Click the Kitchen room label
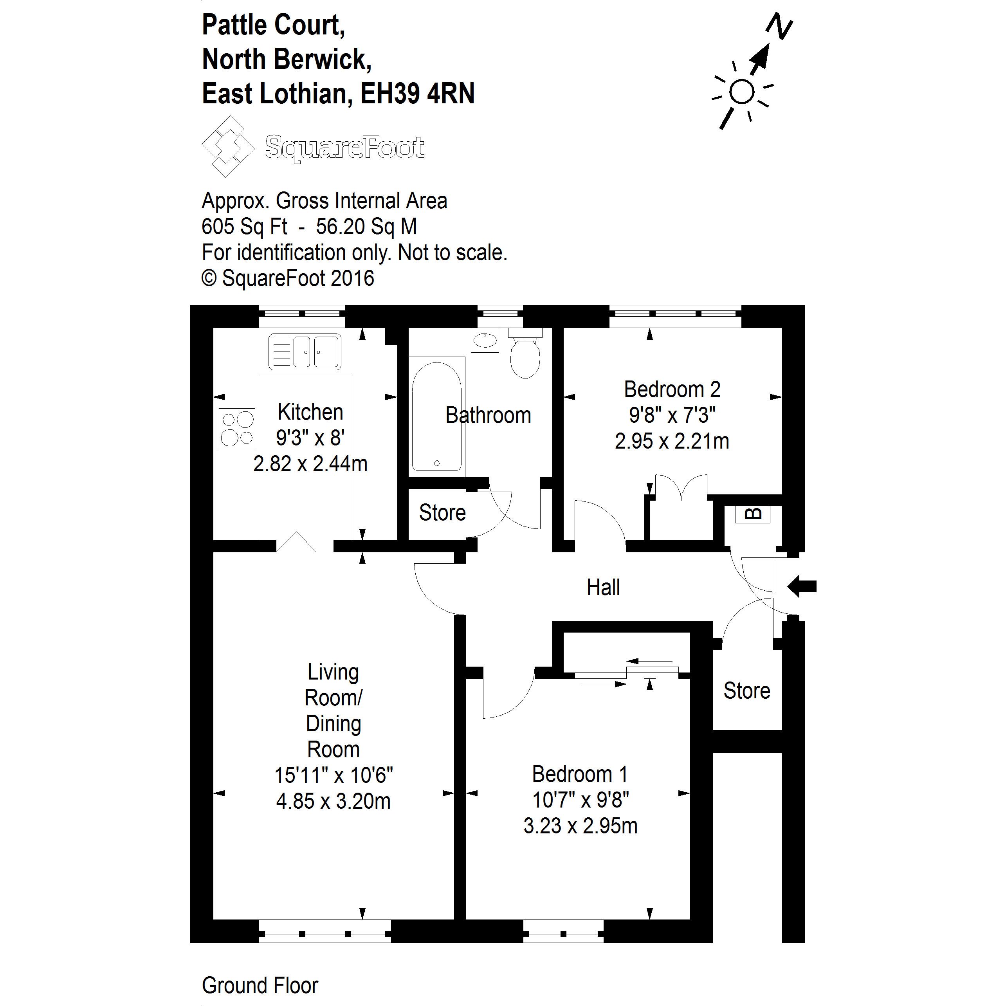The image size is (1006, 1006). tap(310, 413)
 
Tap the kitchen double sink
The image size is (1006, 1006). tap(305, 352)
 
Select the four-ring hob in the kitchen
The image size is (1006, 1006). tap(237, 429)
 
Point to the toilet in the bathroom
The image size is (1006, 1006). tap(525, 357)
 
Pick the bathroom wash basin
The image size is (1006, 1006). tap(485, 340)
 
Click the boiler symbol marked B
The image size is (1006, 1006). tap(752, 514)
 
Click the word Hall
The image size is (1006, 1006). tap(603, 587)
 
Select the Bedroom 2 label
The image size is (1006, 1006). tap(672, 389)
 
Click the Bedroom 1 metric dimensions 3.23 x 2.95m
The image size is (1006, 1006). tap(580, 826)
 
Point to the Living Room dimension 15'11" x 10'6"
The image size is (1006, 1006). tap(333, 775)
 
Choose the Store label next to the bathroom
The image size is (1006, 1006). tap(442, 513)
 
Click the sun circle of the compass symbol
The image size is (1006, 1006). tap(741, 92)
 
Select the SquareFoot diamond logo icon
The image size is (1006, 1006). tap(227, 146)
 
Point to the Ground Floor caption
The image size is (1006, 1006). tap(260, 985)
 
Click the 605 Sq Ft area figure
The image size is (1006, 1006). tap(244, 227)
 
